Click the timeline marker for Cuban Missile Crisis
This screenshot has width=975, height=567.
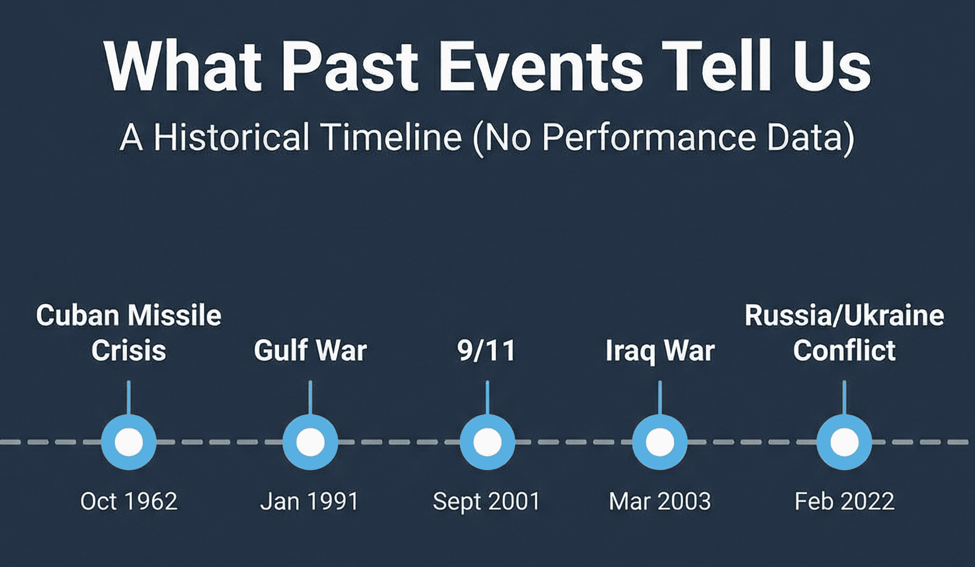tap(129, 442)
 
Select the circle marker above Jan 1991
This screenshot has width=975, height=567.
tap(310, 442)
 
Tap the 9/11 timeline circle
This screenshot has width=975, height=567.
tap(487, 442)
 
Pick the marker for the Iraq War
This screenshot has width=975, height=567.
tap(660, 442)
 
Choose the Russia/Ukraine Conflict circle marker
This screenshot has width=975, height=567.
tap(844, 442)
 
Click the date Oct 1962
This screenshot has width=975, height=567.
tap(129, 501)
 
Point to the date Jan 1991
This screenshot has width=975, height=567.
tap(309, 501)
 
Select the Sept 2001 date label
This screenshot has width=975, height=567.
tap(487, 501)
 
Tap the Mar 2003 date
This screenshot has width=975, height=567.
tap(660, 501)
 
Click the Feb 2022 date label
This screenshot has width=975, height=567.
tap(844, 501)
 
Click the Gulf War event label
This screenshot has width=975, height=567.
tap(310, 351)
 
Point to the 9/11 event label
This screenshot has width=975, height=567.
tap(487, 351)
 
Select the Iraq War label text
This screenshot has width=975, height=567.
tap(660, 351)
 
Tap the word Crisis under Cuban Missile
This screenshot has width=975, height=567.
tap(129, 351)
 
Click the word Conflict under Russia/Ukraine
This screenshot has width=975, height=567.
tap(844, 351)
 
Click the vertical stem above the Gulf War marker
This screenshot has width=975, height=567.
tap(310, 397)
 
